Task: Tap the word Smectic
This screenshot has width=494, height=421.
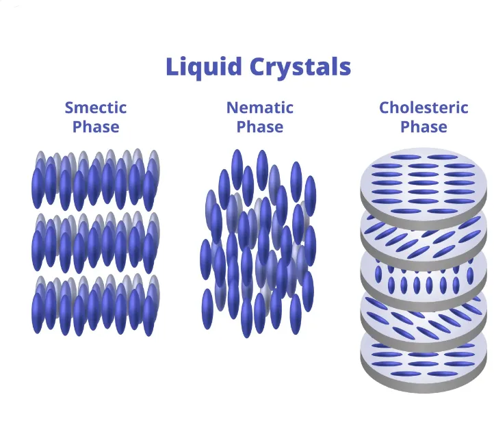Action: coord(96,107)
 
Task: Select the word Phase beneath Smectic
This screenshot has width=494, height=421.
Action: coord(96,127)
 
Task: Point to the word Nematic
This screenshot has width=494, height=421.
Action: coord(260,107)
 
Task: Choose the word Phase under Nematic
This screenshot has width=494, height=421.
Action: coord(260,127)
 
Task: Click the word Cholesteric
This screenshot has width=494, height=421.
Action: coord(424,107)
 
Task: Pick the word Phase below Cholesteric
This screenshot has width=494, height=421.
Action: coord(424,127)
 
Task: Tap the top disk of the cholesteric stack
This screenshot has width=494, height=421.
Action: coord(424,181)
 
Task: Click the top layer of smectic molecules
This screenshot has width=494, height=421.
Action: coord(96,179)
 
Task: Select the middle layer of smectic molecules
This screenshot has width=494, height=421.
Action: coord(96,242)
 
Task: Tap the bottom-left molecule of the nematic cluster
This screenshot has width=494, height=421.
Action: coord(208,308)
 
